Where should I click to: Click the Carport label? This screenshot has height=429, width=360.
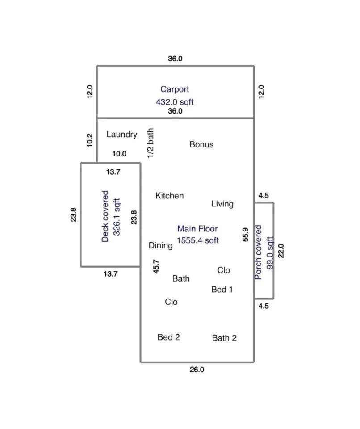click(x=175, y=89)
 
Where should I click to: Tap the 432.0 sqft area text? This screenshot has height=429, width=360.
click(x=175, y=102)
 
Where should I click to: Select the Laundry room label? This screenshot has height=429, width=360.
click(x=122, y=135)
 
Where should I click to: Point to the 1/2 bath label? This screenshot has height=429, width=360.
click(x=150, y=143)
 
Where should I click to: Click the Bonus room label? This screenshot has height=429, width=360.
click(x=201, y=144)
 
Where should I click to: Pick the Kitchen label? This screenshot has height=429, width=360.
click(x=169, y=196)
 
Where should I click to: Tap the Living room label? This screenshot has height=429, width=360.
click(x=222, y=204)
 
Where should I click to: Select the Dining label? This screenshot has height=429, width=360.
click(x=161, y=246)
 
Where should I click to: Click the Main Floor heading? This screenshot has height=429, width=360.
click(x=197, y=229)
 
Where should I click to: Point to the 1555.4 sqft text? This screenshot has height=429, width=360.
click(x=197, y=240)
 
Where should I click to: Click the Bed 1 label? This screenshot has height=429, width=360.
click(x=222, y=290)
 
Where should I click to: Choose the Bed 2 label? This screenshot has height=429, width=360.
click(x=168, y=337)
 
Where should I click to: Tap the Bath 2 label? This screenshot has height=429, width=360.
click(x=224, y=338)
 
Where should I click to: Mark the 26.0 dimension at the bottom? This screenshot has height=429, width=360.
click(x=197, y=370)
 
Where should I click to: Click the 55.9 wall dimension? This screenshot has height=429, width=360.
click(x=245, y=235)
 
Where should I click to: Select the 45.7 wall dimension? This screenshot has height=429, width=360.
click(x=155, y=266)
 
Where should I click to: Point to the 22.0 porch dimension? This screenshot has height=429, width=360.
click(x=280, y=251)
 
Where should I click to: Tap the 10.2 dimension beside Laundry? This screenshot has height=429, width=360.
click(x=89, y=140)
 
